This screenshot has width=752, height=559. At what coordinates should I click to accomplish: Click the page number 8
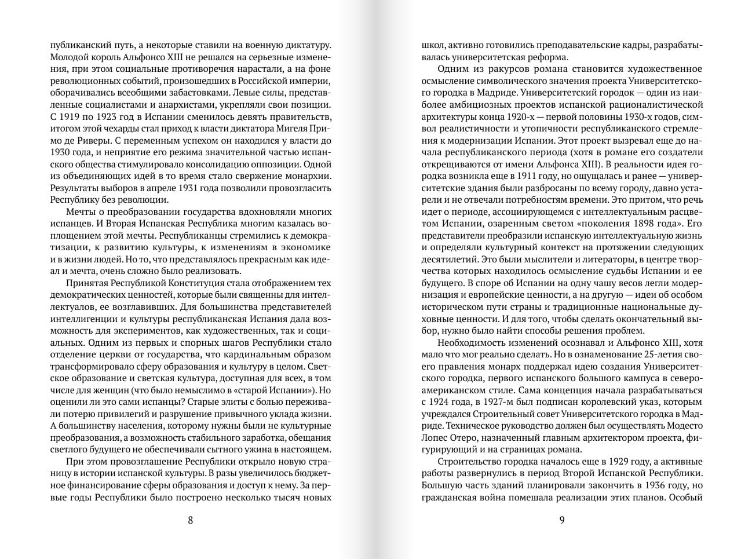191,520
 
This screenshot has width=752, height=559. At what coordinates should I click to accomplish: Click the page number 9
561,520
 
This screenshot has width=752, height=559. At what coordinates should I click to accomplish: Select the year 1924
444,402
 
